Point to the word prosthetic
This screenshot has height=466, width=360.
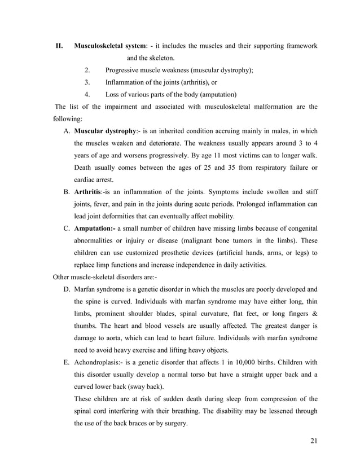[173, 252]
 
